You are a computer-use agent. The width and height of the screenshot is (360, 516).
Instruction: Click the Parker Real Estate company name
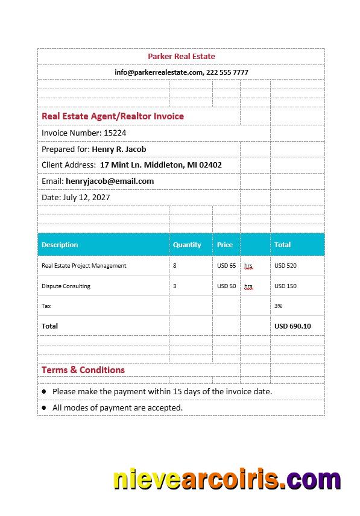pyautogui.click(x=181, y=56)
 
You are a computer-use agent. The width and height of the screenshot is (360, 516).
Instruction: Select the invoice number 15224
pyautogui.click(x=115, y=133)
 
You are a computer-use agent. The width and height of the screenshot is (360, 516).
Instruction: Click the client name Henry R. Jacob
pyautogui.click(x=119, y=149)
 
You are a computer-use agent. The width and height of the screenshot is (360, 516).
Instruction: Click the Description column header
pyautogui.click(x=60, y=245)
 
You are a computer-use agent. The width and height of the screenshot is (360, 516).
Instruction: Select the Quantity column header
pyautogui.click(x=187, y=245)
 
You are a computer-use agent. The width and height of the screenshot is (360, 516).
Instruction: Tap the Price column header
pyautogui.click(x=225, y=245)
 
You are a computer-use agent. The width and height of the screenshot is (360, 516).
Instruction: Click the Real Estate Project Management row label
pyautogui.click(x=84, y=265)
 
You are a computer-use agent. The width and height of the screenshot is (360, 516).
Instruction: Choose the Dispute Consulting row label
pyautogui.click(x=66, y=286)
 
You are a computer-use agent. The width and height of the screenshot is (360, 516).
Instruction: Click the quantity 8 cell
pyautogui.click(x=175, y=265)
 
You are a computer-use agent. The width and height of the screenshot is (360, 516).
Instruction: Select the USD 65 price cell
pyautogui.click(x=227, y=265)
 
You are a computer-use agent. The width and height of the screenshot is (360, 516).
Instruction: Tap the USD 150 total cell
pyautogui.click(x=285, y=286)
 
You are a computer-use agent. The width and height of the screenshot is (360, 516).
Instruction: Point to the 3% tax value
pyautogui.click(x=279, y=306)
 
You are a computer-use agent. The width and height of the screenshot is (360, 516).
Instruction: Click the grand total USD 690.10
pyautogui.click(x=292, y=326)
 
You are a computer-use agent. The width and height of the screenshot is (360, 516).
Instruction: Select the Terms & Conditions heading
pyautogui.click(x=83, y=370)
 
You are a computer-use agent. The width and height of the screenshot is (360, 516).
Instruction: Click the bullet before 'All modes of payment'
pyautogui.click(x=44, y=407)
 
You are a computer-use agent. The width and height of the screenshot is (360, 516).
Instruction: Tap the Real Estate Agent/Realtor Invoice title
pyautogui.click(x=113, y=116)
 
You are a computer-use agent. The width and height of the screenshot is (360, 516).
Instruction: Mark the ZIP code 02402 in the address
pyautogui.click(x=210, y=165)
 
